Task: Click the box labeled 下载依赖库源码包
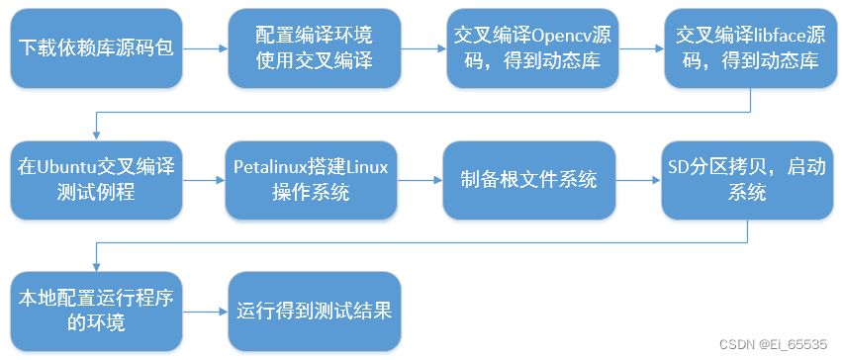coord(96,46)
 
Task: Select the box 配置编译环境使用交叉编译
coord(313,47)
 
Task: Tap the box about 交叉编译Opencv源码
coord(532,47)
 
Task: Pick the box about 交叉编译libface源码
coord(749,47)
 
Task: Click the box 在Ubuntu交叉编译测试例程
coord(96,180)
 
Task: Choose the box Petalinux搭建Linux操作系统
coord(313,180)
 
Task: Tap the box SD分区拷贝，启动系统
coord(748,180)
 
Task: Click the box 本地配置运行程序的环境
coord(96,311)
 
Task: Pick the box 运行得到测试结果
coord(315,311)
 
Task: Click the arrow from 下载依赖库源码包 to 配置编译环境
coord(205,47)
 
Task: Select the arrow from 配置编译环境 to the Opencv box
coord(422,47)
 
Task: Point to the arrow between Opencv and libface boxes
coord(641,47)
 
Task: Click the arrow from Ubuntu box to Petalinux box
coord(204,180)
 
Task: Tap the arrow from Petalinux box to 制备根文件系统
coord(421,180)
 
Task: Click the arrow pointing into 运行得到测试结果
coord(205,311)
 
